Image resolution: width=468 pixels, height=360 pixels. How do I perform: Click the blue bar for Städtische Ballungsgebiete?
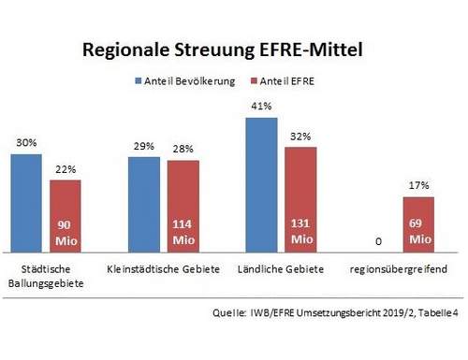tap(26, 202)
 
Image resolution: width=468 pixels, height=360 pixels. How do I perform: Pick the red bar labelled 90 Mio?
tap(66, 215)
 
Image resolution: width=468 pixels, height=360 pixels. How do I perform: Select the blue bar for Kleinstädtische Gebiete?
tap(143, 204)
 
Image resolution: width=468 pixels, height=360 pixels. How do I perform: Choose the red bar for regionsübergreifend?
tap(418, 224)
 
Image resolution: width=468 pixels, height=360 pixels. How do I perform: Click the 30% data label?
tap(26, 143)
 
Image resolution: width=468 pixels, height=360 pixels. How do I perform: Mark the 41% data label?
tap(261, 107)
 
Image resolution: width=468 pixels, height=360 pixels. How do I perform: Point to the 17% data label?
tap(418, 185)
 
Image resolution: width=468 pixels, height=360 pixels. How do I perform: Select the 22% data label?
tap(66, 168)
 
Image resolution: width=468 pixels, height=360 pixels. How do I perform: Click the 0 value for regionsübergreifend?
tap(378, 241)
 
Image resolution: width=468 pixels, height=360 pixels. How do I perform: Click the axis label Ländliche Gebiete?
tap(281, 269)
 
